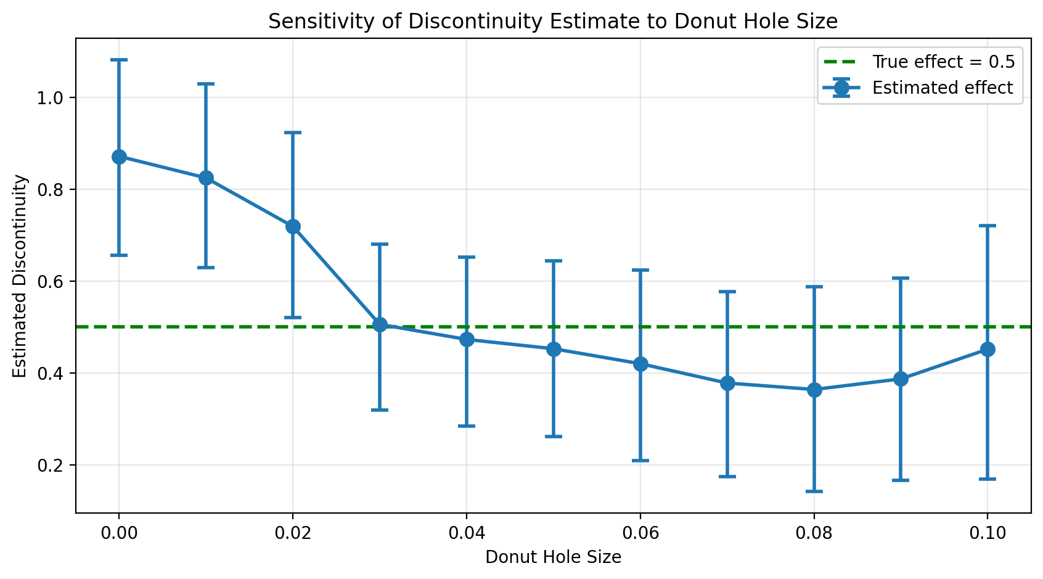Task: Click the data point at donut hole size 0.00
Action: click(x=119, y=157)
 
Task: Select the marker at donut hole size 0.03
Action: click(x=380, y=325)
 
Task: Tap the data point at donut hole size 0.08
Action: click(x=814, y=390)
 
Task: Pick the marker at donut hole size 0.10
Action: click(x=988, y=350)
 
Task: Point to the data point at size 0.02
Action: click(x=293, y=227)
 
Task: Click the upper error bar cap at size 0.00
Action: click(x=119, y=60)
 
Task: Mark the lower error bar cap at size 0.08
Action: click(x=814, y=491)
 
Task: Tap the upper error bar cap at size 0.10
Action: click(x=988, y=226)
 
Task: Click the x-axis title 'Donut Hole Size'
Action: click(x=553, y=557)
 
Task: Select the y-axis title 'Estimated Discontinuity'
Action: click(x=20, y=276)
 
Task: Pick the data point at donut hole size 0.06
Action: click(x=640, y=364)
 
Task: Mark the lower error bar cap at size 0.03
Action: click(x=380, y=410)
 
